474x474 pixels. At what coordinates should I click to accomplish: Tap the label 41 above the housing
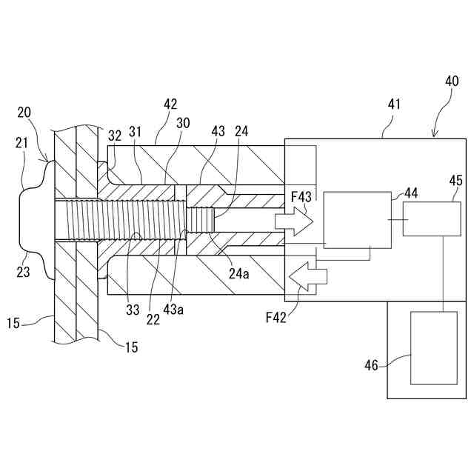(394, 104)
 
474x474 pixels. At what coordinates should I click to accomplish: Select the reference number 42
(170, 104)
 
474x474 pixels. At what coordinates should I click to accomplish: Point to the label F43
(300, 196)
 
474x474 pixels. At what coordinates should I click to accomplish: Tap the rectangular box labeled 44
(357, 219)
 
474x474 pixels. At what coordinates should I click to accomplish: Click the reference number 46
(372, 364)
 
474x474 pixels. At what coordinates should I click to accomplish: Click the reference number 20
(24, 112)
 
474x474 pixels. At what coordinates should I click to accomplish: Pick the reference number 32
(115, 136)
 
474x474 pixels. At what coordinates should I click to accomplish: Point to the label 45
(455, 180)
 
